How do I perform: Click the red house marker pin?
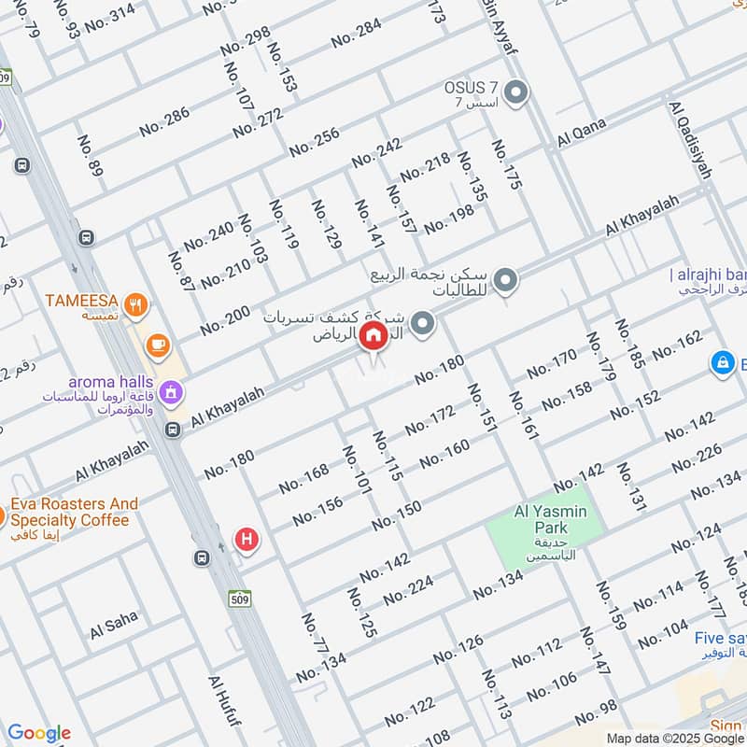373,337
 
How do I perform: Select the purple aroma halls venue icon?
170,391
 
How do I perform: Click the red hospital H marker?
247,538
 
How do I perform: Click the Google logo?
38,733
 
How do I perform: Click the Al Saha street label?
114,626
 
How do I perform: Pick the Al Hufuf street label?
225,705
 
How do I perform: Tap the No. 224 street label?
408,589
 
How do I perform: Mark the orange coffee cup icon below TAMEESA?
158,346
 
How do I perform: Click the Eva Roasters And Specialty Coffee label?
74,512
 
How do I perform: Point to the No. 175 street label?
505,165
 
